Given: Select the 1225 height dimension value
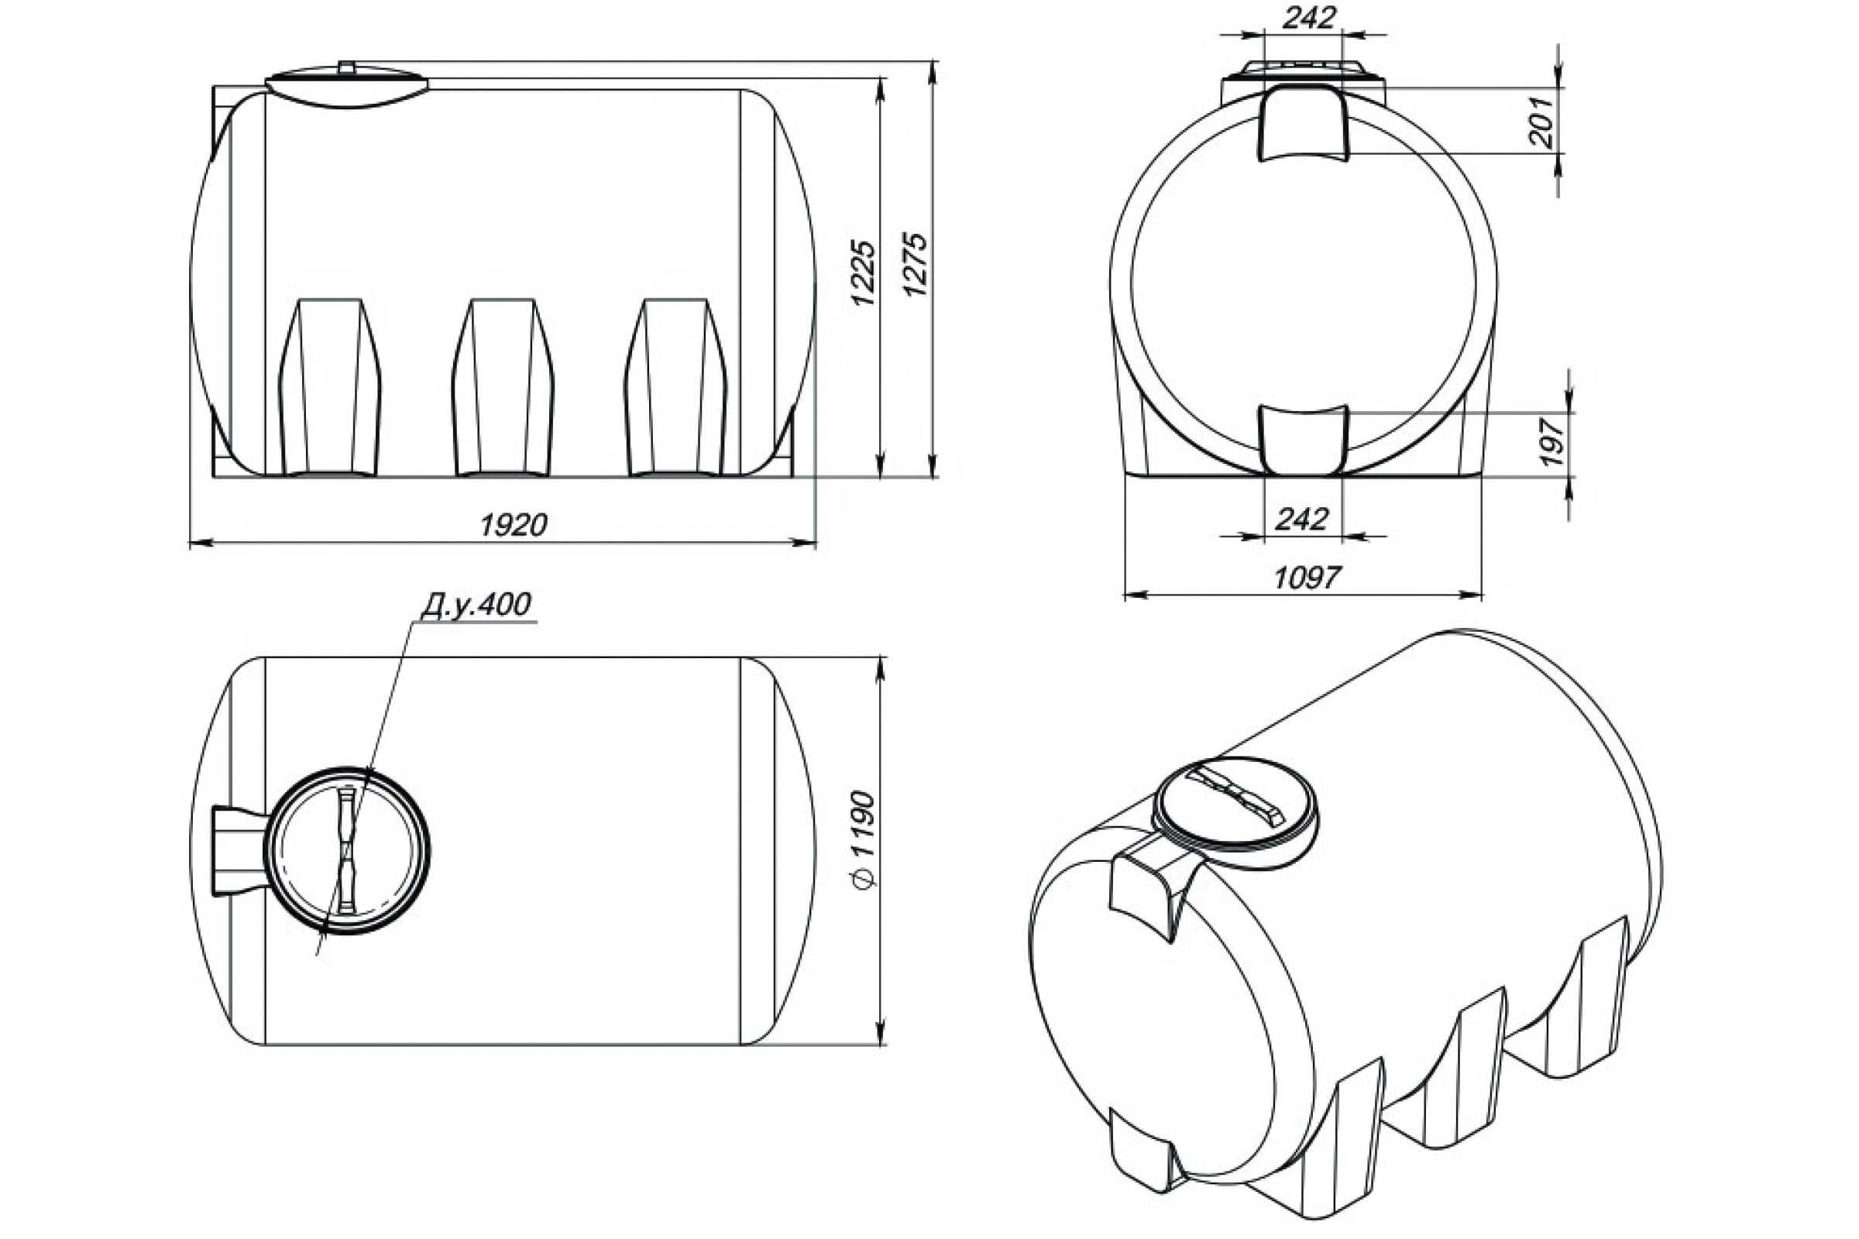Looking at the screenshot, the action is pos(864,273).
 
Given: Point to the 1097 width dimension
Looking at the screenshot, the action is pos(1307,578).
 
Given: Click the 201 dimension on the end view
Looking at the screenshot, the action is pos(1541,122).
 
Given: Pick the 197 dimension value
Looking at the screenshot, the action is pos(1552,442).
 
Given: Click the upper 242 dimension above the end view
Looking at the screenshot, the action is pos(1309,18).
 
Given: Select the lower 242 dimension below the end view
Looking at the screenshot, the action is pos(1302,519).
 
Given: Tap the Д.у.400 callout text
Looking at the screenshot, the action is pos(476,605).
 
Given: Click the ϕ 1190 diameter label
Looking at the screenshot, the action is pos(865,839).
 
